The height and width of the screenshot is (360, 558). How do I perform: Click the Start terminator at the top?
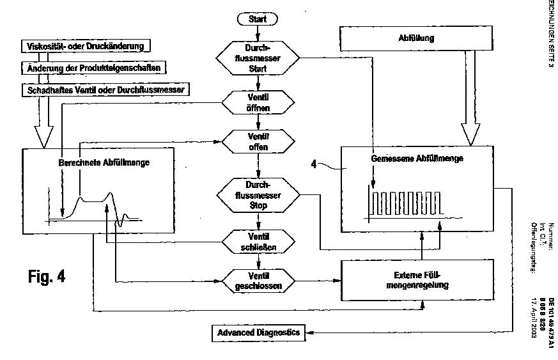pos(258,19)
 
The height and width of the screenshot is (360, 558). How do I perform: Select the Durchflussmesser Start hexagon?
pos(258,58)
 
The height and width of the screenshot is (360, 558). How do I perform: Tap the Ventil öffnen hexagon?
pos(258,102)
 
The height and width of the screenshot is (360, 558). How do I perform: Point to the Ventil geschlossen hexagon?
pos(258,281)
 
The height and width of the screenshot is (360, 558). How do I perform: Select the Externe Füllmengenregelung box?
pos(419,280)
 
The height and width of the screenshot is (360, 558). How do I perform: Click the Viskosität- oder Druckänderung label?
pos(86,46)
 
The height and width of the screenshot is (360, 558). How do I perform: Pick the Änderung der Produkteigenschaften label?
pos(93,68)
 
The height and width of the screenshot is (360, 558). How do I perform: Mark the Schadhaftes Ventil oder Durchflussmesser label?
pos(106,90)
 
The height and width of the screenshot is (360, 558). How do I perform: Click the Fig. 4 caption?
pos(47,276)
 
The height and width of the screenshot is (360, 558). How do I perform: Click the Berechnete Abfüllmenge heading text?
pos(104,163)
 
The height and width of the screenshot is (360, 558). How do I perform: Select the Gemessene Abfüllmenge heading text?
pos(417,158)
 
